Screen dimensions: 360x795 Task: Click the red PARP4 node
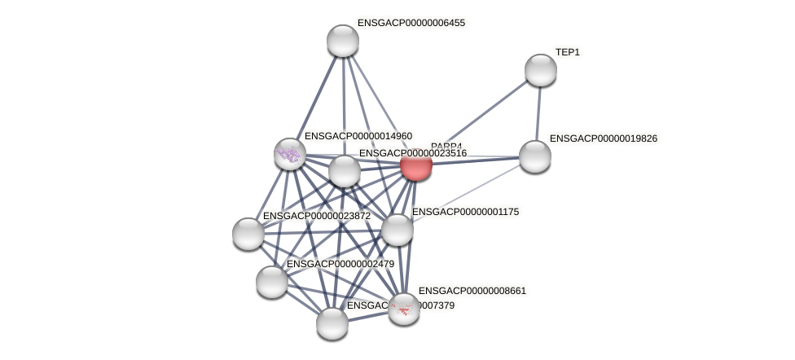click(415, 165)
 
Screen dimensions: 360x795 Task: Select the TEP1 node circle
click(540, 70)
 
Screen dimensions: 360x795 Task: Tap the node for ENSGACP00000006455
click(343, 41)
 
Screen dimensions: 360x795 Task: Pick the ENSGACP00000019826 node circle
click(535, 156)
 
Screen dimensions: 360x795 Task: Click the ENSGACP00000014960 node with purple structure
click(289, 153)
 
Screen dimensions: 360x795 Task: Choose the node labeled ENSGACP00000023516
click(345, 171)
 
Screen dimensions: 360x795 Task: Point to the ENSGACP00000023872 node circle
click(248, 234)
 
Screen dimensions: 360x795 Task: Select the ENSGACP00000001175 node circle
click(397, 230)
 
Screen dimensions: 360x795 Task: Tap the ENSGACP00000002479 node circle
click(272, 282)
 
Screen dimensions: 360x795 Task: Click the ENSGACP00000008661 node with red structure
click(404, 309)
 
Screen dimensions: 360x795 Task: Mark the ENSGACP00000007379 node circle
click(332, 323)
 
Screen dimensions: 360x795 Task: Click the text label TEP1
click(568, 52)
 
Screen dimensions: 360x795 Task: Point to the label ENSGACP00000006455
click(411, 23)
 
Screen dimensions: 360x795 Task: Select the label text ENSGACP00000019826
click(604, 138)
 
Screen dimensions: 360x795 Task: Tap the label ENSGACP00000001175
click(465, 212)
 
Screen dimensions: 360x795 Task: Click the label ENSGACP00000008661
click(472, 291)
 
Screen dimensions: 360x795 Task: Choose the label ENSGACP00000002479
click(340, 264)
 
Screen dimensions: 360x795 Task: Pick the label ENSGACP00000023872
click(316, 216)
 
